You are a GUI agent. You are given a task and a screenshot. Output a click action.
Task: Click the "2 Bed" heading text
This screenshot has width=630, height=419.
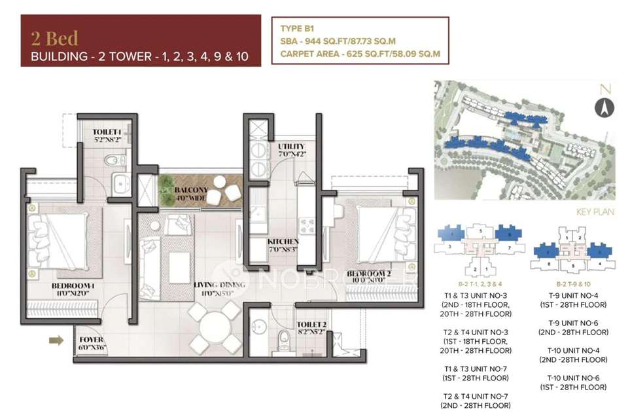point(54,37)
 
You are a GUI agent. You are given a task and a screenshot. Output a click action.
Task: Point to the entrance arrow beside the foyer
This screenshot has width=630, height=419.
point(56,340)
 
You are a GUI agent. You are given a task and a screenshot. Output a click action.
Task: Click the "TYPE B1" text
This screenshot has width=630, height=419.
point(299,29)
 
